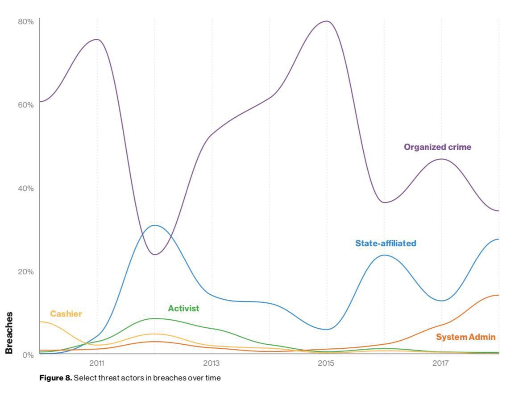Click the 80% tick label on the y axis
26,21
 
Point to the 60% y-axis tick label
26,105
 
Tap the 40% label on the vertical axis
26,188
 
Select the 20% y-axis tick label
26,272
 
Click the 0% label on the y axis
28,355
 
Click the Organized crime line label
437,147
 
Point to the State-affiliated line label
386,243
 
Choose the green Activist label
183,309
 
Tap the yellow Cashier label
66,314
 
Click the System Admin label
465,337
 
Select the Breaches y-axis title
9,333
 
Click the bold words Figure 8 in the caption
55,378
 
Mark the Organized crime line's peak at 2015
327,21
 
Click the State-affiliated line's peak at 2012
154,225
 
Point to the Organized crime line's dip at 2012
154,255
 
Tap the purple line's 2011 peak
97,39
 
